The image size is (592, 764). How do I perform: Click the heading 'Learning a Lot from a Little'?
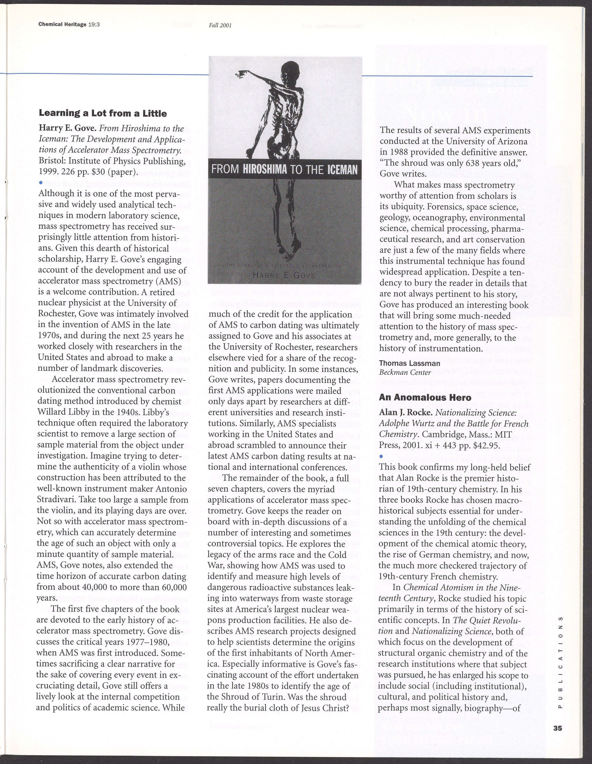pyautogui.click(x=103, y=113)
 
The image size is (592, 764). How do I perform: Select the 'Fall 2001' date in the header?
pyautogui.click(x=220, y=25)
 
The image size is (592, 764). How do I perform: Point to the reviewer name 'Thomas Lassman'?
pyautogui.click(x=409, y=363)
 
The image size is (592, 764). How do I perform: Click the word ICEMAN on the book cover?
pyautogui.click(x=342, y=170)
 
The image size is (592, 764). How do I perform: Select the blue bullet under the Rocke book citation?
pyautogui.click(x=381, y=456)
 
